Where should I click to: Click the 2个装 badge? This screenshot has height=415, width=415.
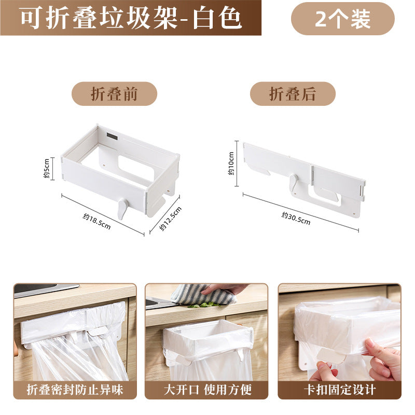[343, 19]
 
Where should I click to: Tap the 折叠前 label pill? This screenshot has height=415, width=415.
[114, 94]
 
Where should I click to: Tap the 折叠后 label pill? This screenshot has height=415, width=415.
[293, 94]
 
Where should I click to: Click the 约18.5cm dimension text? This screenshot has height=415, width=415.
[96, 222]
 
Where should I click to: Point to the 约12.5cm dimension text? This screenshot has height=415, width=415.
[171, 218]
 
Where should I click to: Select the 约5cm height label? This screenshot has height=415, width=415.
[46, 168]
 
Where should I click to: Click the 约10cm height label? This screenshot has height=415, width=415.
[231, 163]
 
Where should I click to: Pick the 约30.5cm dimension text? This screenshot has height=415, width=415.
[296, 218]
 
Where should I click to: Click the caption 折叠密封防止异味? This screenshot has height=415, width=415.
[75, 390]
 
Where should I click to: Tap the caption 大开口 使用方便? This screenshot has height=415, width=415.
[208, 390]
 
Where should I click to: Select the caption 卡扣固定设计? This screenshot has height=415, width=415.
[340, 390]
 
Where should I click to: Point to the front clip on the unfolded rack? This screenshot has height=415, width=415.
[122, 209]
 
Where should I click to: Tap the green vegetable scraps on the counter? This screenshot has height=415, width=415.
[204, 305]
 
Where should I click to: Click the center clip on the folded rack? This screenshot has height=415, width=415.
[294, 184]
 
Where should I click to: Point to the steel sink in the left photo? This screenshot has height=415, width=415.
[46, 289]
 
